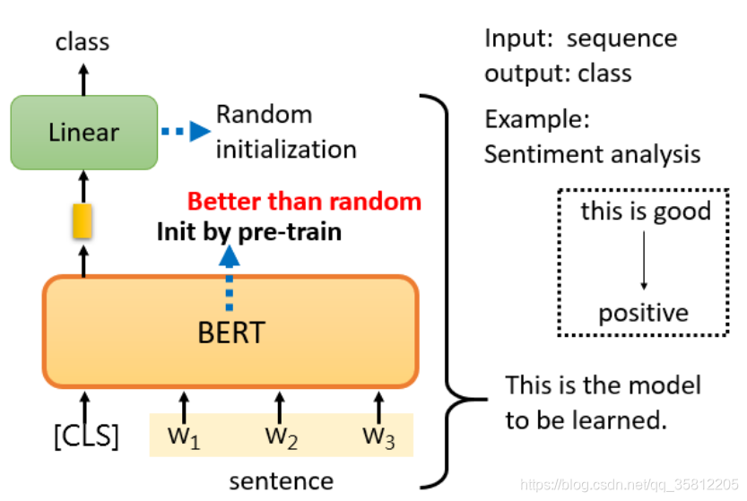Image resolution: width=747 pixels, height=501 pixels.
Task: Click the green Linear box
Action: tap(83, 132)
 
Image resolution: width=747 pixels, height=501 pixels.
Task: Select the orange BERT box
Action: tap(230, 331)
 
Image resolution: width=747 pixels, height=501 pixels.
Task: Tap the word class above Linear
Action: tap(83, 41)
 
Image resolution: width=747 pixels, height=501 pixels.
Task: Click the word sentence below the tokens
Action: tap(281, 480)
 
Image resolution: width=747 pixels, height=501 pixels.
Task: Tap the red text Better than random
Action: tap(304, 201)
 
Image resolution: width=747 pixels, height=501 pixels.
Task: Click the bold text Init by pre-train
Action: tap(249, 231)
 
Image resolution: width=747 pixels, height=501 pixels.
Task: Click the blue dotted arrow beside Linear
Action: tap(185, 132)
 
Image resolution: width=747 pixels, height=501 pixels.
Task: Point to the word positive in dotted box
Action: tap(643, 313)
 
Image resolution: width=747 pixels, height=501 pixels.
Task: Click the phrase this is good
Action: tap(646, 212)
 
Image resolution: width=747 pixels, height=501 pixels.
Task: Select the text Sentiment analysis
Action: tap(592, 153)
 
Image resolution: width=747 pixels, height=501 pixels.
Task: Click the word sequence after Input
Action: tap(622, 39)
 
